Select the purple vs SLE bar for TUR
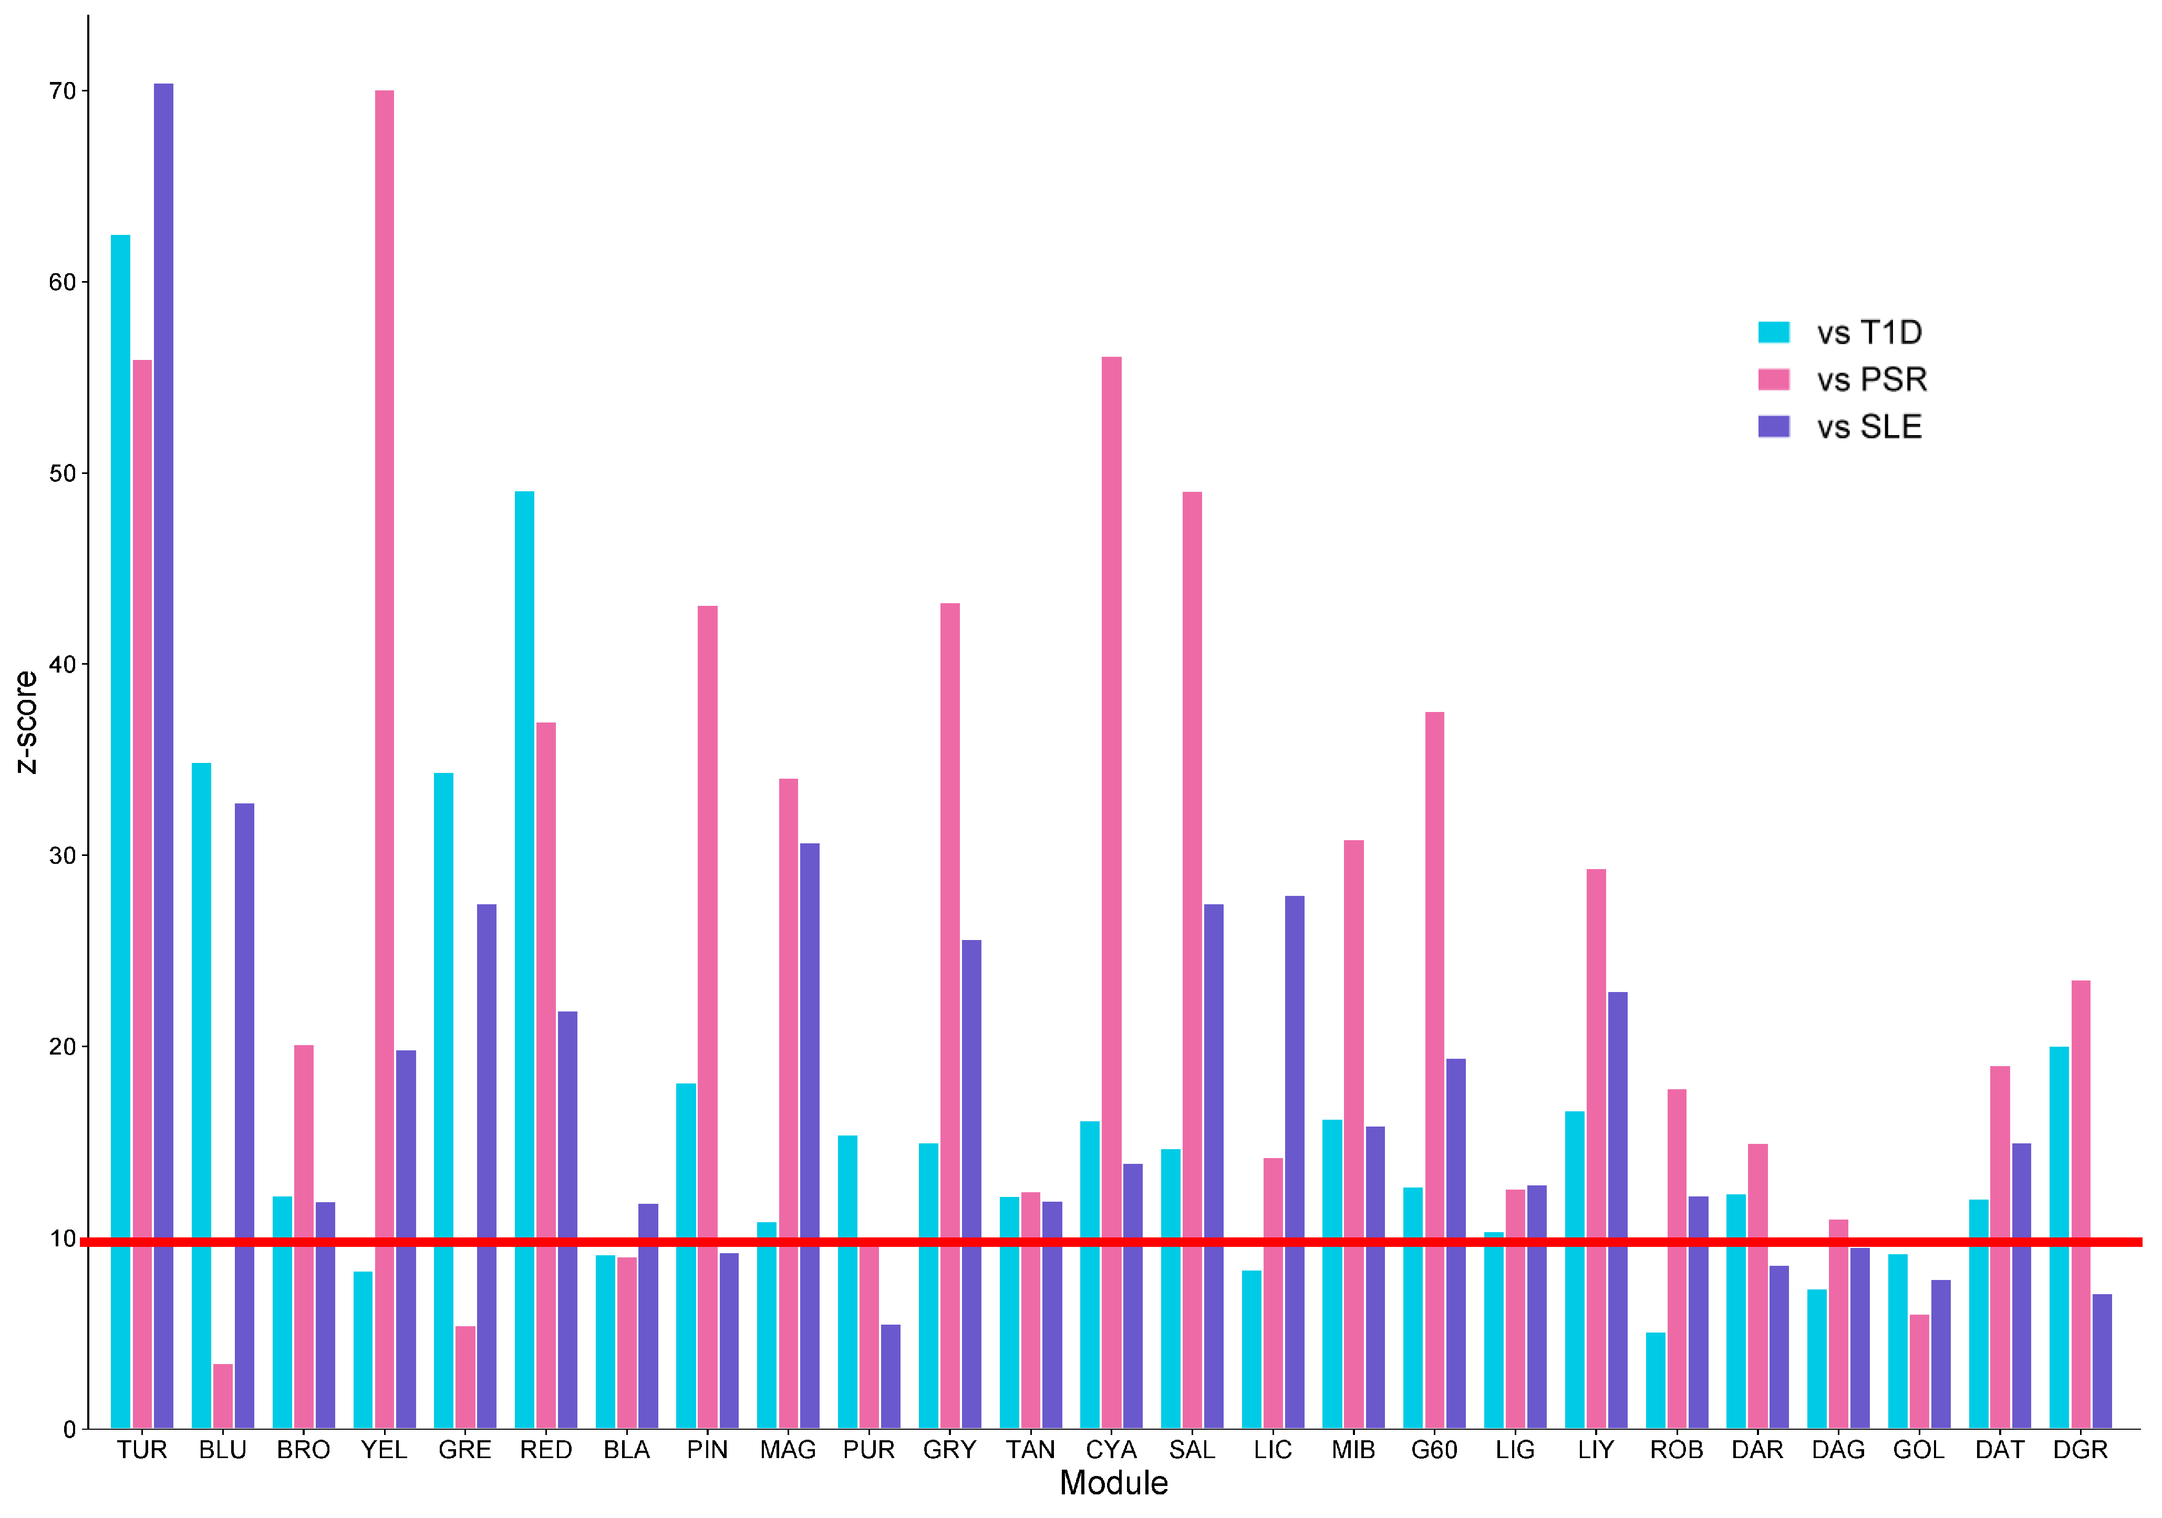pyautogui.click(x=164, y=753)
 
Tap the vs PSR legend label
pyautogui.click(x=1872, y=379)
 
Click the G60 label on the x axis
pyautogui.click(x=1434, y=1450)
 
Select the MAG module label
pyautogui.click(x=788, y=1450)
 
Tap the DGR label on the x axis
pyautogui.click(x=2080, y=1450)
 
